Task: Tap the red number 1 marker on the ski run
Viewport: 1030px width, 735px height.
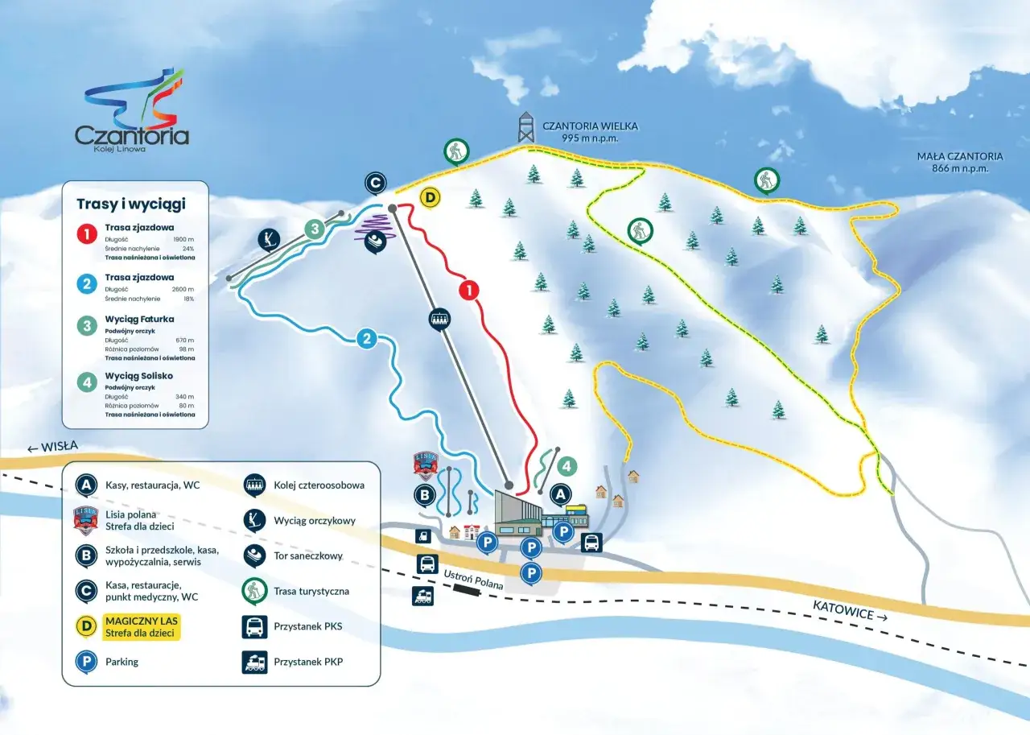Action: [468, 291]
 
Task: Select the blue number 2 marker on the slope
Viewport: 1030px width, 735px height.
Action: [367, 338]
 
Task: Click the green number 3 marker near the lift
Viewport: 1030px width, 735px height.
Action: [315, 229]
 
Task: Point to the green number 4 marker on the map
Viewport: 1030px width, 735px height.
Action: [566, 466]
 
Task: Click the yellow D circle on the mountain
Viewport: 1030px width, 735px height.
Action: [431, 197]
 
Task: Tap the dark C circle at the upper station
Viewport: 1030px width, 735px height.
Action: [375, 184]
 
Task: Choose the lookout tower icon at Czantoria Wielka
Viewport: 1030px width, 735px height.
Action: [525, 126]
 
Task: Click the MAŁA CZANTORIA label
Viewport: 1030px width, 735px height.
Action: [960, 156]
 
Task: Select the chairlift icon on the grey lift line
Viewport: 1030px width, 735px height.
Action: [439, 319]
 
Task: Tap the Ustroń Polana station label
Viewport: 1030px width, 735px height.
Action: [473, 579]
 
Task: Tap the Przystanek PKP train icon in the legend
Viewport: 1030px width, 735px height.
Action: [254, 663]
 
